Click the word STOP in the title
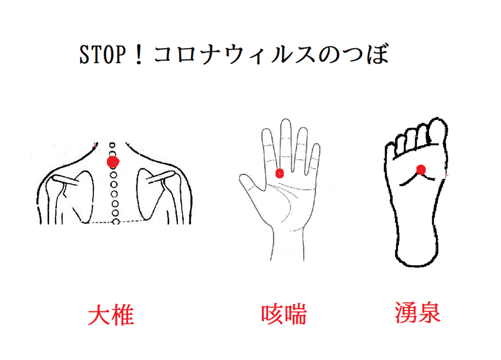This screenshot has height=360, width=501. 103,54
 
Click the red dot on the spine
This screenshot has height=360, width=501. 113,162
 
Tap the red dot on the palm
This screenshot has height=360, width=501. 280,173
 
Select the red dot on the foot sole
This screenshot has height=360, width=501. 421,170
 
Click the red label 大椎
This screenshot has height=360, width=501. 111,315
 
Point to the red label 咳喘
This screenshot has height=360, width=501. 284,314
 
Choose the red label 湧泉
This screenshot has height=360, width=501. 417,313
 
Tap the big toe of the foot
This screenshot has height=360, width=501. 437,130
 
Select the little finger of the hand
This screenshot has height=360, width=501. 314,159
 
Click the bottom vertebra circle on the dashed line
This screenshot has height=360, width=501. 116,221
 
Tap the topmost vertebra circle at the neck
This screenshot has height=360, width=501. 112,146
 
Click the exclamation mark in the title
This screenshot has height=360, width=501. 139,54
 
